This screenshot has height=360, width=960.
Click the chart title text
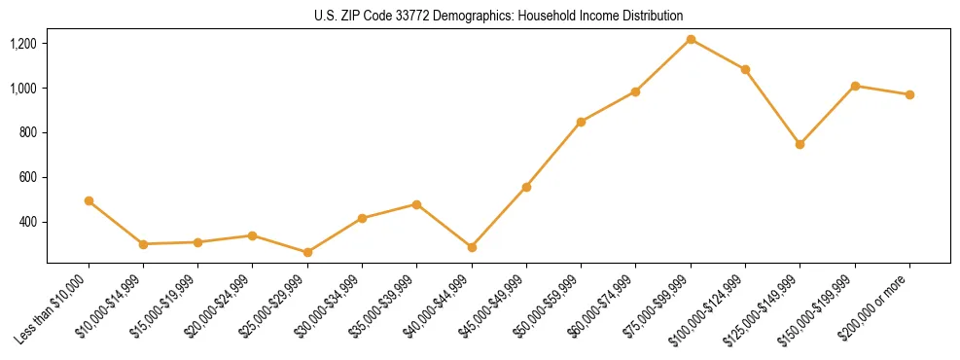coord(499,16)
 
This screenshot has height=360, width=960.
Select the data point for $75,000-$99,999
coord(691,39)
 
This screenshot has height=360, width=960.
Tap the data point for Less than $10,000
coord(89,200)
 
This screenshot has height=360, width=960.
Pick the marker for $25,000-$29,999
coord(307,252)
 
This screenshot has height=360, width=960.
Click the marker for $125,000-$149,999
coord(800,144)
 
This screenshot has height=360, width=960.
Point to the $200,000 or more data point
coord(909,94)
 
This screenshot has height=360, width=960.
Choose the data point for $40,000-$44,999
coord(472,247)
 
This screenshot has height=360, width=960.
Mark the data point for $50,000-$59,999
coord(581,122)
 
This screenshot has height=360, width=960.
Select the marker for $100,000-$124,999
coord(745,69)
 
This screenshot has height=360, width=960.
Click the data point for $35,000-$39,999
coord(416,204)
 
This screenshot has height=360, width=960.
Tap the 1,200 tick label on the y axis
coord(23,44)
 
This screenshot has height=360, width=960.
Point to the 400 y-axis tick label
coord(28,222)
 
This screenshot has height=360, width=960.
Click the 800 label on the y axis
coord(28,132)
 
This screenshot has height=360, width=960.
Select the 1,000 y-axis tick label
coord(23,89)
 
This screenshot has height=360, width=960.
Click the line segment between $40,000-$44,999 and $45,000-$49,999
coord(499,217)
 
